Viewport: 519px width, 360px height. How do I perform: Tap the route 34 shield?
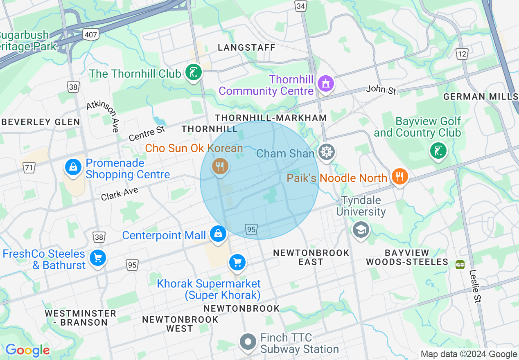(301, 6)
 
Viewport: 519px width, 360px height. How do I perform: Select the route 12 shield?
(462, 53)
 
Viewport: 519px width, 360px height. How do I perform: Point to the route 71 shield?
(29, 167)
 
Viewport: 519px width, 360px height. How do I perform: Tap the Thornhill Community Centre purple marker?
(326, 84)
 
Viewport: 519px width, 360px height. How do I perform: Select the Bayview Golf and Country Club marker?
(438, 151)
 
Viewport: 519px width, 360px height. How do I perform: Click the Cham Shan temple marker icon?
(326, 153)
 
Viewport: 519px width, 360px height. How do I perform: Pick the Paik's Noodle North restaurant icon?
(399, 177)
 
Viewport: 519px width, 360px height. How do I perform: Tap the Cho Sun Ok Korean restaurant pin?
(220, 166)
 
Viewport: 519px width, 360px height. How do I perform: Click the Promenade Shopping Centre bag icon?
(73, 167)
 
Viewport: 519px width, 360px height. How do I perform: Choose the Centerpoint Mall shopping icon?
(218, 234)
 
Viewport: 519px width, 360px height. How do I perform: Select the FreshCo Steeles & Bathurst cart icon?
(97, 258)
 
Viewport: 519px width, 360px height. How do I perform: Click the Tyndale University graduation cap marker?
(361, 229)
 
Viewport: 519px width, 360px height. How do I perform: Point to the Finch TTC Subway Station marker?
(248, 342)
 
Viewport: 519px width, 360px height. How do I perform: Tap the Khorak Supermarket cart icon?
(237, 262)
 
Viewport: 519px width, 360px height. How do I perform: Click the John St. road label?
(382, 90)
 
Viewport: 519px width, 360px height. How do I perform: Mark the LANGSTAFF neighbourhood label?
(246, 48)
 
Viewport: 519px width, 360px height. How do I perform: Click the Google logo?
(27, 351)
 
